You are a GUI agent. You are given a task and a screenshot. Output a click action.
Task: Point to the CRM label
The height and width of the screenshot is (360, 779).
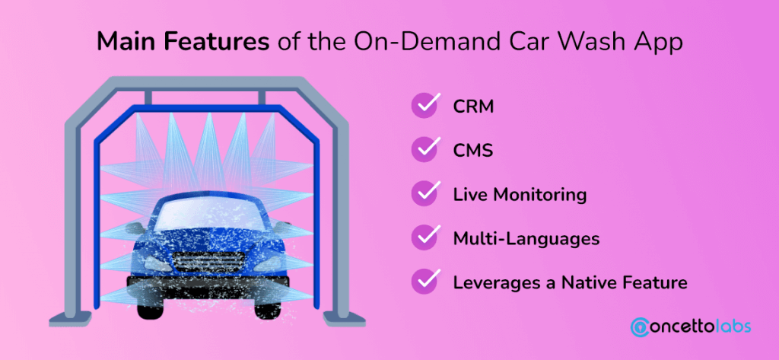pyautogui.click(x=473, y=107)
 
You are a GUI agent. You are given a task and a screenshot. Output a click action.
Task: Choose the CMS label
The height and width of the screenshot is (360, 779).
pyautogui.click(x=473, y=151)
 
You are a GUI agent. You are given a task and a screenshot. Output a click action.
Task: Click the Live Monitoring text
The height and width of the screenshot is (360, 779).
pyautogui.click(x=520, y=195)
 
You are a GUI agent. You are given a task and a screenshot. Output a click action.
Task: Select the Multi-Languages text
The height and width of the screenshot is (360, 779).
pyautogui.click(x=526, y=239)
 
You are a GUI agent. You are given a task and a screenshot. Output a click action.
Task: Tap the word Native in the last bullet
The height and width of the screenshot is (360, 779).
pyautogui.click(x=590, y=283)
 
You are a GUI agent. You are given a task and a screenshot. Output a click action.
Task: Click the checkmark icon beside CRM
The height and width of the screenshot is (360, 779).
pyautogui.click(x=424, y=106)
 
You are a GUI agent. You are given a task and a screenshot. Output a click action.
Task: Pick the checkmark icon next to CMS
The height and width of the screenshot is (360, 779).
pyautogui.click(x=424, y=150)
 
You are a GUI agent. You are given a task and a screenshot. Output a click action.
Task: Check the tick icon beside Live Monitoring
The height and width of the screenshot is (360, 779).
pyautogui.click(x=424, y=193)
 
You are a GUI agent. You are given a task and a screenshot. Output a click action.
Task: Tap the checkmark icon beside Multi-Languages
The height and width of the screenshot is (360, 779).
pyautogui.click(x=424, y=237)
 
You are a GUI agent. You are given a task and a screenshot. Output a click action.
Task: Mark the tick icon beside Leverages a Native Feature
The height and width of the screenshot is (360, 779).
pyautogui.click(x=424, y=282)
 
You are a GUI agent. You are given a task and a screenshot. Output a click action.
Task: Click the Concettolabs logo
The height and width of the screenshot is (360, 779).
pyautogui.click(x=691, y=327)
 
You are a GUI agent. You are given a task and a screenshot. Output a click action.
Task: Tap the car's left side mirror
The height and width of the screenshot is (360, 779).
pyautogui.click(x=135, y=229)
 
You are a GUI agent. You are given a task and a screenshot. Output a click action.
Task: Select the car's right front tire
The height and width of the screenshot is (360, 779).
pyautogui.click(x=267, y=307)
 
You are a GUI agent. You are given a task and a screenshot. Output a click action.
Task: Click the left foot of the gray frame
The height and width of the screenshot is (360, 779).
pyautogui.click(x=70, y=317)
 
